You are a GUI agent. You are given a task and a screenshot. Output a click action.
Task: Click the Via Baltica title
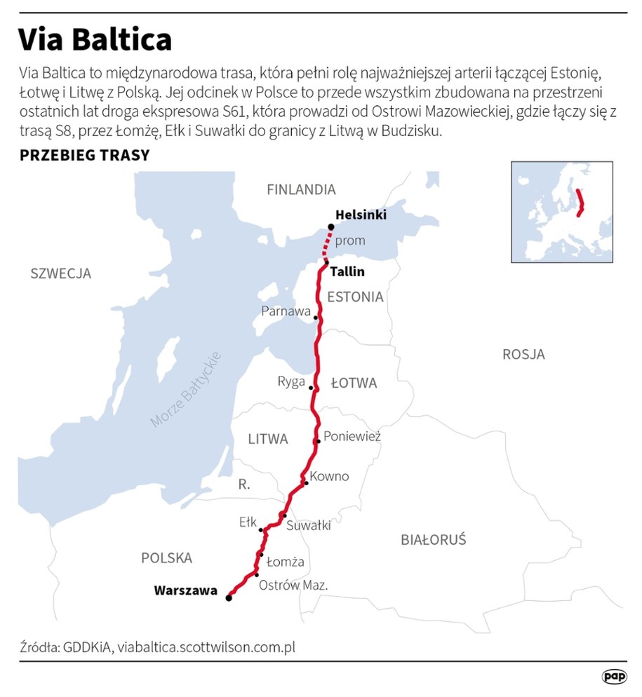click(95, 40)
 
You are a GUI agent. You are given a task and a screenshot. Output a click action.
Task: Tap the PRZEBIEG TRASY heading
click(85, 155)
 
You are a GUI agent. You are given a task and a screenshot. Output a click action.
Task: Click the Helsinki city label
click(361, 215)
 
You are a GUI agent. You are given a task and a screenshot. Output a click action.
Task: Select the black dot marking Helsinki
click(331, 226)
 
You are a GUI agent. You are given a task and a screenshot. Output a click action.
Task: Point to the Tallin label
click(347, 272)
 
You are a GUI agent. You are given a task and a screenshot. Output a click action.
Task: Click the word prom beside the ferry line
click(350, 241)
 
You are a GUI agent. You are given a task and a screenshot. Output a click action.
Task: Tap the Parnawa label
click(286, 311)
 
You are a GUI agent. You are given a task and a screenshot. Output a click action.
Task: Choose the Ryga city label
click(291, 381)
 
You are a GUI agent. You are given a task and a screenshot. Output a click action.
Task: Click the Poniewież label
click(353, 436)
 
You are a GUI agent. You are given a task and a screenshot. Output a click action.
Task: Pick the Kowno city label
click(329, 476)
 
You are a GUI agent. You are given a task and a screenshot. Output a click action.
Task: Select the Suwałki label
click(309, 525)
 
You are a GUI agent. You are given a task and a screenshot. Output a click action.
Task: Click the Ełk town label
click(248, 522)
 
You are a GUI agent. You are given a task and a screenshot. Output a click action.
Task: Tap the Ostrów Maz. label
click(293, 585)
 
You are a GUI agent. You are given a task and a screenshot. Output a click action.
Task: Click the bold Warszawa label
click(185, 590)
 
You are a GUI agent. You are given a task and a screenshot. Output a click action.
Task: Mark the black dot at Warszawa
click(229, 598)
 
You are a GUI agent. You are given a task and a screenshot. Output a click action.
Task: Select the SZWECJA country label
click(61, 273)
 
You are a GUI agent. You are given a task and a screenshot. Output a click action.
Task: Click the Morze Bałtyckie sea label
click(186, 389)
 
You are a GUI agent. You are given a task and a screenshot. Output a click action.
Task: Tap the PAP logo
click(614, 677)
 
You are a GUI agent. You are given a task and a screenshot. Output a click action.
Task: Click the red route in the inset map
click(580, 203)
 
